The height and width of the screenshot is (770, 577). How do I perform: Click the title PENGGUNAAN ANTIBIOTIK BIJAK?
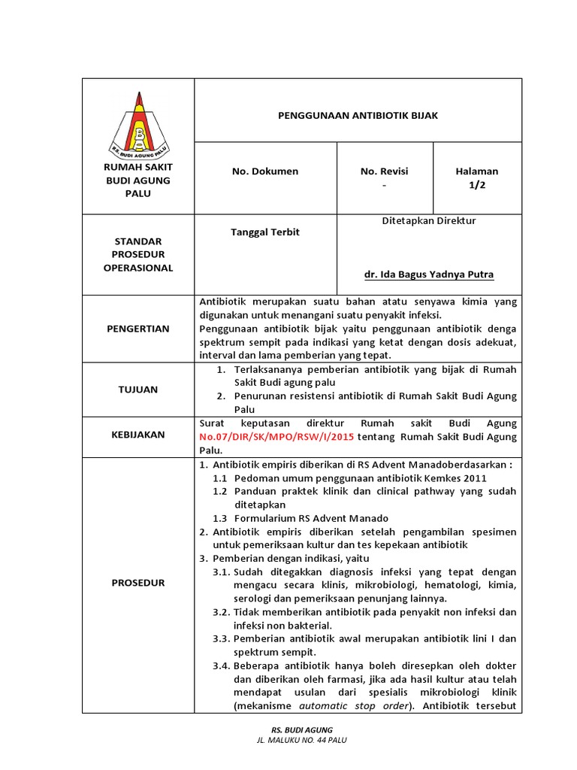pyautogui.click(x=358, y=116)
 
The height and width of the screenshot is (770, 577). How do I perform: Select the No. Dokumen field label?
pyautogui.click(x=264, y=171)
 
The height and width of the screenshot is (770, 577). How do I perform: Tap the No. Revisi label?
pyautogui.click(x=384, y=171)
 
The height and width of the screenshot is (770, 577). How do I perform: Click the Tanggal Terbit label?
pyautogui.click(x=264, y=232)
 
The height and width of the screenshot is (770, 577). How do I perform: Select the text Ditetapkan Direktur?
pyautogui.click(x=428, y=221)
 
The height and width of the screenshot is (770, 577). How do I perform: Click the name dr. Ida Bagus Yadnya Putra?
pyautogui.click(x=428, y=274)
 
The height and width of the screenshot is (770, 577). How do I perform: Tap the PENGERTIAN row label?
pyautogui.click(x=137, y=329)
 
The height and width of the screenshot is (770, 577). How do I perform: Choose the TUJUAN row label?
pyautogui.click(x=137, y=390)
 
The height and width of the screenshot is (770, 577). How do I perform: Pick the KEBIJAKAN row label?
pyautogui.click(x=137, y=435)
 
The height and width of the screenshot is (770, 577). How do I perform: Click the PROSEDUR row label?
pyautogui.click(x=137, y=583)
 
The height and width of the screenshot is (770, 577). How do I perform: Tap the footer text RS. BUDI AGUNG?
pyautogui.click(x=301, y=729)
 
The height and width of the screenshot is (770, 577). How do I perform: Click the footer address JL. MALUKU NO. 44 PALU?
pyautogui.click(x=301, y=740)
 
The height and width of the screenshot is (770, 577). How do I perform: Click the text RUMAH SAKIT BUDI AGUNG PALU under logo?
pyautogui.click(x=137, y=180)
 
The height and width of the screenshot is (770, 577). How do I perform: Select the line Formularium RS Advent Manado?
pyautogui.click(x=311, y=518)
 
